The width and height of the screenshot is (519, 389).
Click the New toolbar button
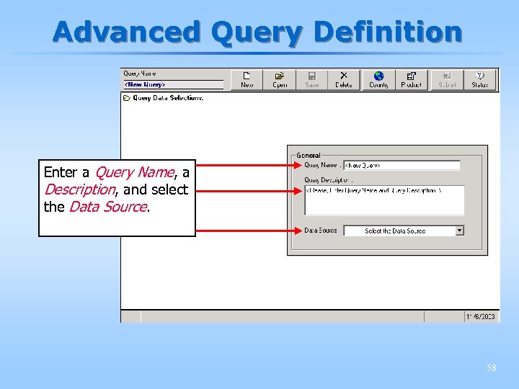247,79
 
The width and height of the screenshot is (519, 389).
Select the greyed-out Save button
311,79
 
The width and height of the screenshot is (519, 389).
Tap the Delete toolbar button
344,79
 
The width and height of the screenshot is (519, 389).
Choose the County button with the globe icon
378,79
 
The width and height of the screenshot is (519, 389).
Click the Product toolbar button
411,79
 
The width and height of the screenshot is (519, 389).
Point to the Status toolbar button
479,79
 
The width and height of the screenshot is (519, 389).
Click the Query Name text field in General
402,165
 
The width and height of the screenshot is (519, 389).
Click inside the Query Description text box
384,200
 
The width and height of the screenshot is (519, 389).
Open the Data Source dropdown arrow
460,231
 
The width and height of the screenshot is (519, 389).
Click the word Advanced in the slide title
128,32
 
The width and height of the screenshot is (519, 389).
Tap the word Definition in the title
388,32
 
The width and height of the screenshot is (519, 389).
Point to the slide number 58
491,368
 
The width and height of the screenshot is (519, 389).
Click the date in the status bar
481,316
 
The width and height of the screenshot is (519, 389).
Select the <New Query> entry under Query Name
146,84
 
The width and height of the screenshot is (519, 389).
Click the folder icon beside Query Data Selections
127,98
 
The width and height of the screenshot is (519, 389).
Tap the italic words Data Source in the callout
107,207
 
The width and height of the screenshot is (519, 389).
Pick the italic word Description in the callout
79,189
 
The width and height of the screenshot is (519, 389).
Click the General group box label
309,155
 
